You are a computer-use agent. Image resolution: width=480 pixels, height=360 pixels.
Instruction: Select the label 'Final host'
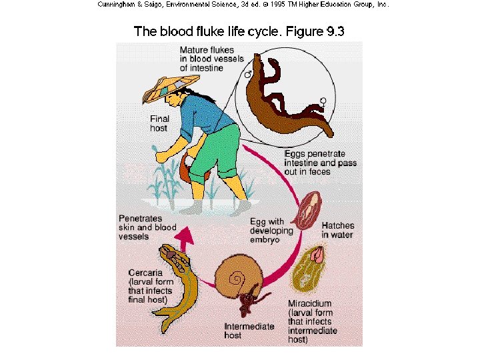161,123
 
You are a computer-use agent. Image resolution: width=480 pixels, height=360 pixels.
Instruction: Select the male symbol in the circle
249,75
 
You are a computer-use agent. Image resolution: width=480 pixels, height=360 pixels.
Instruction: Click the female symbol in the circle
323,101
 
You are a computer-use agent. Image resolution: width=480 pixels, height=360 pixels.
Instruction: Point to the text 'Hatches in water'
338,230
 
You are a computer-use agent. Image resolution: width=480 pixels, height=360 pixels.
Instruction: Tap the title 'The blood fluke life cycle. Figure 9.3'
239,31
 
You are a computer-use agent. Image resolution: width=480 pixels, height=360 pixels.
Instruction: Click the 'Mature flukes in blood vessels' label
211,59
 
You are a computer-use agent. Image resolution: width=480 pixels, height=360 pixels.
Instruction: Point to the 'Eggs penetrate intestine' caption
320,163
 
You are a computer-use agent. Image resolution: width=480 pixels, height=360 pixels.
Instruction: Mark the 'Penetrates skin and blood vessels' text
147,227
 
